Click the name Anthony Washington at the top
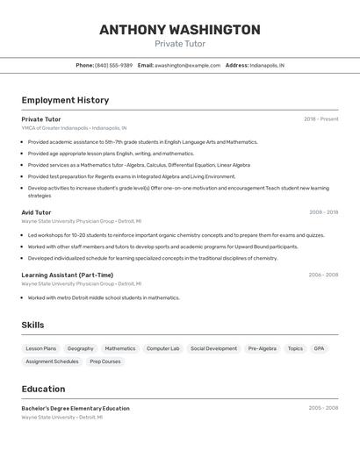point(179,30)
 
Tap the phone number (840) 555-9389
point(113,66)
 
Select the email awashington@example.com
point(187,66)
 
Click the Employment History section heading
point(65,101)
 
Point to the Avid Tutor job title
point(36,212)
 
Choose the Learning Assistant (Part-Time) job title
point(67,275)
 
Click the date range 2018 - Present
point(320,119)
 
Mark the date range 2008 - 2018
point(323,212)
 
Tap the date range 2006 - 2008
point(323,275)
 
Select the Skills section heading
point(32,325)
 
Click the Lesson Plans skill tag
point(40,348)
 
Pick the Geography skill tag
point(80,348)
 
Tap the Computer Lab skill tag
point(162,348)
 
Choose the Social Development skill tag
point(213,348)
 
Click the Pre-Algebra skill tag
point(262,348)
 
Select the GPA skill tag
point(319,348)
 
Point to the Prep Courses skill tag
point(105,361)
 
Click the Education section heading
point(43,390)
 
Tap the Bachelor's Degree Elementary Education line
point(76,408)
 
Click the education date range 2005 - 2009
point(323,408)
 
